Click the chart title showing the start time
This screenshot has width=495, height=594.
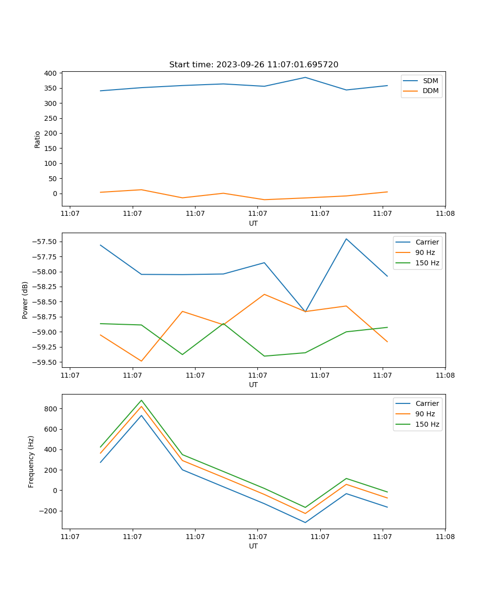[x=253, y=65]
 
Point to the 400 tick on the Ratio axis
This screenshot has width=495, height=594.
[x=50, y=73]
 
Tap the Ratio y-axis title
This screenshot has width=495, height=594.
[x=38, y=139]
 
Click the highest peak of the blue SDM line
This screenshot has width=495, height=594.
[x=305, y=77]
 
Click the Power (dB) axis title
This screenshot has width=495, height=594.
[x=25, y=300]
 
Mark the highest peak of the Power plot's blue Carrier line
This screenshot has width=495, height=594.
[x=346, y=239]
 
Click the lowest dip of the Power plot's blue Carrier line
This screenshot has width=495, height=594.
[x=305, y=312]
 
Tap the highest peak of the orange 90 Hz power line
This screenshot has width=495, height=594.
[x=264, y=295]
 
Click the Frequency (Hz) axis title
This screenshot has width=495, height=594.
[x=31, y=461]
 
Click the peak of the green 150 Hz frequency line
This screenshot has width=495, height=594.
[x=142, y=400]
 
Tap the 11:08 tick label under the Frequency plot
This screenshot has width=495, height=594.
[x=445, y=536]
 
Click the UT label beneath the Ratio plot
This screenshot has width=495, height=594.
[x=253, y=223]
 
